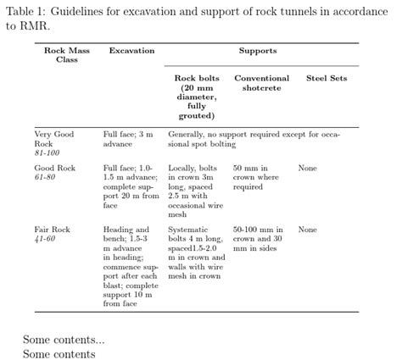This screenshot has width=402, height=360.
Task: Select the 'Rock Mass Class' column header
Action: point(66,55)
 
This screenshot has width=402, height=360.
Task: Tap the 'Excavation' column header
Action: point(131,51)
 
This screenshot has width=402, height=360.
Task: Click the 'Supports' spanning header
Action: point(258,51)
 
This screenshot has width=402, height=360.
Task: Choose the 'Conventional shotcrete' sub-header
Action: point(262,83)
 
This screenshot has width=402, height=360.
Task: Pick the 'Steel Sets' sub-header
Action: point(327,79)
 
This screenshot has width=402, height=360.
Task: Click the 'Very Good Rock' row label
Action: point(54,139)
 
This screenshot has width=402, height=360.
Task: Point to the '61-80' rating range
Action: point(44,178)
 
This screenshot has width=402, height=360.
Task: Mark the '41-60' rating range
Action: point(44,239)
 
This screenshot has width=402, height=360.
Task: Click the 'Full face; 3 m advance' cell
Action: point(127,139)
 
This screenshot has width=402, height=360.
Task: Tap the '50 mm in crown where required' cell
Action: point(255,178)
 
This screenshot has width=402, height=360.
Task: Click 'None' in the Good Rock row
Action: point(307,169)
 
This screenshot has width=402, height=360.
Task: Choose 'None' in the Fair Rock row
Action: point(307,230)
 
